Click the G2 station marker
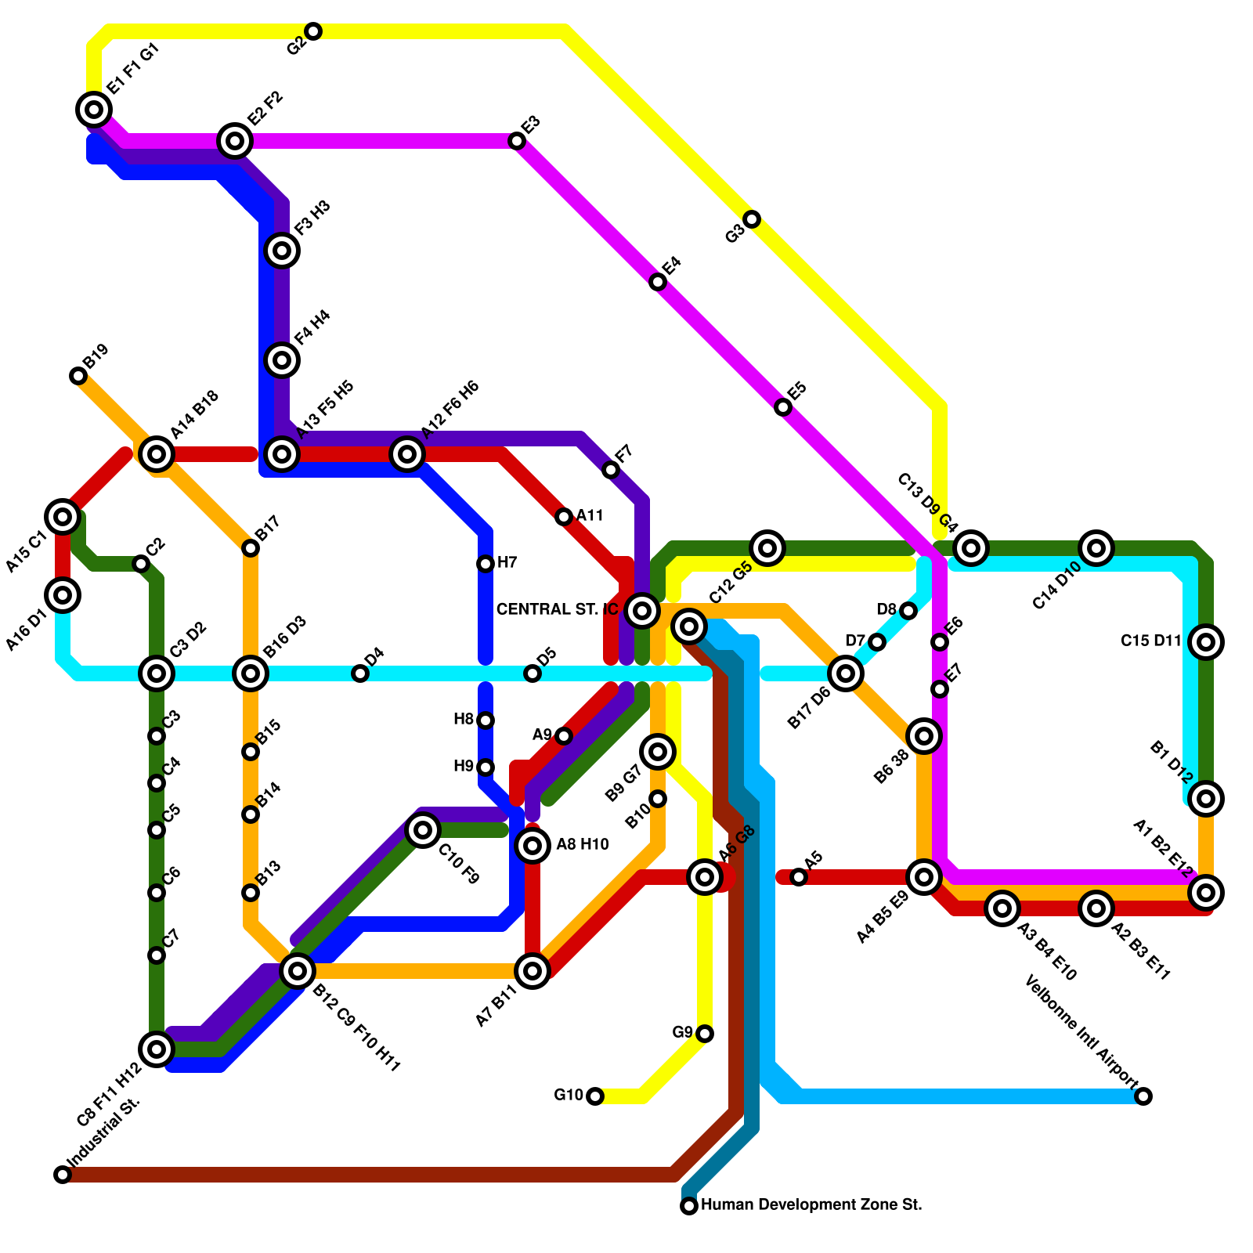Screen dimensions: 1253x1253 (313, 31)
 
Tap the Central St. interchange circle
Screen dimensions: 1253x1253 (642, 610)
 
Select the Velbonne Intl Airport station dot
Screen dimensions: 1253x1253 (1143, 1096)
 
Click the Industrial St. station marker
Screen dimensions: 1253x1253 (63, 1175)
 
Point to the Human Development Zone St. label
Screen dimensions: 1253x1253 (811, 1205)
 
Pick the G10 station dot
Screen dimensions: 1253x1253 (595, 1096)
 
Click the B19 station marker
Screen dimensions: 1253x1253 (78, 376)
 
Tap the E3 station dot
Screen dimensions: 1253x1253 (517, 141)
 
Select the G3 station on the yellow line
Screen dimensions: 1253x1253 (752, 219)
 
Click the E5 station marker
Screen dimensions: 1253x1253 (783, 407)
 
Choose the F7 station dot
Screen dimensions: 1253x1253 (611, 470)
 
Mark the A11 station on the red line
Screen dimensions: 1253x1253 (564, 517)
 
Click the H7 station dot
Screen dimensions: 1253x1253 (486, 564)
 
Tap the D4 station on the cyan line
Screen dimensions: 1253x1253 (360, 673)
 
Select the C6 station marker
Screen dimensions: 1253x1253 (157, 893)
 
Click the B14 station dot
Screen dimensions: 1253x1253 (251, 814)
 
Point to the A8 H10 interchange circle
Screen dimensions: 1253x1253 (533, 846)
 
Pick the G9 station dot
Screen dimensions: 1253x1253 (705, 1034)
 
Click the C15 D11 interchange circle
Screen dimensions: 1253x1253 (1206, 642)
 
